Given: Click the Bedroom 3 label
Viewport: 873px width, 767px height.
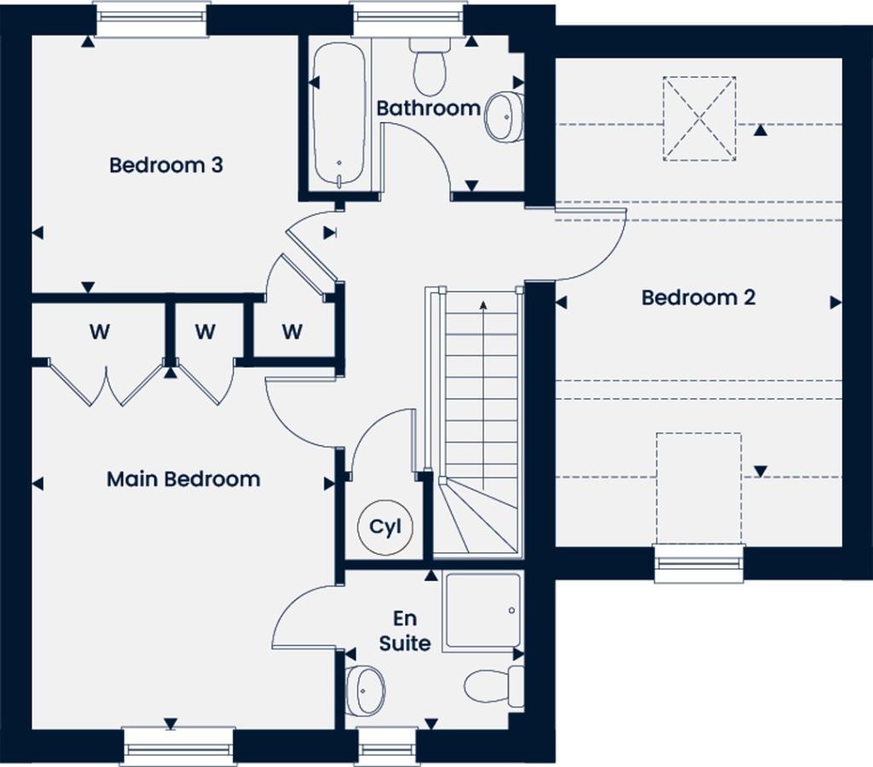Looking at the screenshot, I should [x=166, y=165].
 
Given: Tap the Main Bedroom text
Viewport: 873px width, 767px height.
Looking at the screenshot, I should [x=183, y=479].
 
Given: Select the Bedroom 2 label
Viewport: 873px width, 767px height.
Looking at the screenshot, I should [x=698, y=298].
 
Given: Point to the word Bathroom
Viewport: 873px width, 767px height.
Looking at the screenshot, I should [x=429, y=108].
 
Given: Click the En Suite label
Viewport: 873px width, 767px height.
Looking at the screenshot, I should [x=405, y=630].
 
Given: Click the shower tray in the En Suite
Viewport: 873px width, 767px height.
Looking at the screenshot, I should [x=482, y=612].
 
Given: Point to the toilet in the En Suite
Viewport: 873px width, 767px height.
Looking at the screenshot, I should [x=494, y=685].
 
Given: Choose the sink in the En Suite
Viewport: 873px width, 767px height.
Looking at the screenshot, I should [x=367, y=688].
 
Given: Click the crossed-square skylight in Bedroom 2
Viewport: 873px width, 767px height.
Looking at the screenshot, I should [x=699, y=119].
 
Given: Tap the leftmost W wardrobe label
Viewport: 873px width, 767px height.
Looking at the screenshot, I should [x=100, y=332].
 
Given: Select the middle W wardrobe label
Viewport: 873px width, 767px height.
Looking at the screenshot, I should [x=205, y=332].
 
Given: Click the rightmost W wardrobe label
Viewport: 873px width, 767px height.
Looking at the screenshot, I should [x=292, y=332].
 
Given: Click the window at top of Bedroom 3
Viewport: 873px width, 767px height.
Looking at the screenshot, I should [x=152, y=20].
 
